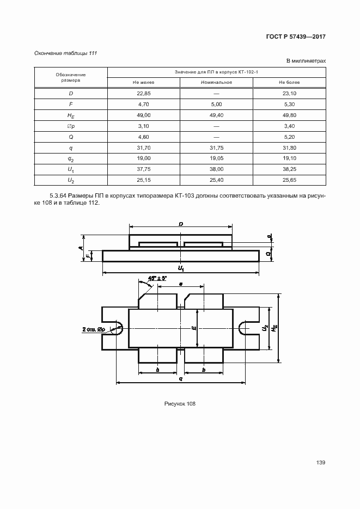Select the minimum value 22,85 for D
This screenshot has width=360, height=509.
(x=143, y=93)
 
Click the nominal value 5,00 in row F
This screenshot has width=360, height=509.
(x=216, y=104)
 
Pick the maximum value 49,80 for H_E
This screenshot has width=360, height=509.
(x=289, y=115)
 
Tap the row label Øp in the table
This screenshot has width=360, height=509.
(x=71, y=126)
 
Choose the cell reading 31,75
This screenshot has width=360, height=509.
(x=216, y=148)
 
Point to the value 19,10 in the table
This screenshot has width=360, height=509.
(x=289, y=158)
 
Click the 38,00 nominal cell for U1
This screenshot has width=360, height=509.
(x=216, y=169)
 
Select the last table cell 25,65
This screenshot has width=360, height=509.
(x=289, y=180)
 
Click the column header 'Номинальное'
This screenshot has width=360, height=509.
(x=216, y=82)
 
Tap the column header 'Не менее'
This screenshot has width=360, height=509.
(x=143, y=82)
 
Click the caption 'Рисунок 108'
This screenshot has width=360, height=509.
(x=180, y=403)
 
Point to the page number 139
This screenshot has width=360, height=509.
(x=320, y=463)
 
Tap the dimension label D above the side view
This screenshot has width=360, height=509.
(x=180, y=224)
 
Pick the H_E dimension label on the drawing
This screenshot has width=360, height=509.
(x=275, y=328)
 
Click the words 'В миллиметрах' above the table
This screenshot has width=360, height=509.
(x=306, y=61)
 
